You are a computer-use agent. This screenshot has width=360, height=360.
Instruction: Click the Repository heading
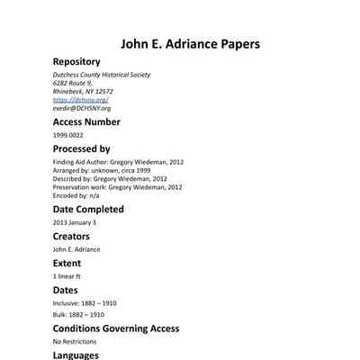click(x=76, y=62)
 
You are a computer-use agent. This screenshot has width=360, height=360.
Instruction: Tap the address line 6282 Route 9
click(x=73, y=83)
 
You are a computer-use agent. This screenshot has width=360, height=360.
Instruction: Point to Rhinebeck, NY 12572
click(x=83, y=91)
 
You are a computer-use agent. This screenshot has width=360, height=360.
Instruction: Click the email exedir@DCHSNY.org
click(x=81, y=108)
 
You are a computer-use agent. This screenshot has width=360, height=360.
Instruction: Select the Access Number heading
click(x=86, y=121)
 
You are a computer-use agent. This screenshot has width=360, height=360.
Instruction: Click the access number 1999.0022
click(x=67, y=135)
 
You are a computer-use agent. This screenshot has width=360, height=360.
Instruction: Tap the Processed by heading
click(x=81, y=148)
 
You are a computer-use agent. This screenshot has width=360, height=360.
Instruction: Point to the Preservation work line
click(x=117, y=187)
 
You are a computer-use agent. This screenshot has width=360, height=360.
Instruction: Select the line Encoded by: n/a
click(x=76, y=195)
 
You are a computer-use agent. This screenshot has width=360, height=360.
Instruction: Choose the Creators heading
click(x=71, y=236)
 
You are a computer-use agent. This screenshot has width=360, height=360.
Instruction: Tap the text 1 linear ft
click(x=67, y=276)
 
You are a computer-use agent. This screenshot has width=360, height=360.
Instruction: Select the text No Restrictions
click(x=72, y=342)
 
